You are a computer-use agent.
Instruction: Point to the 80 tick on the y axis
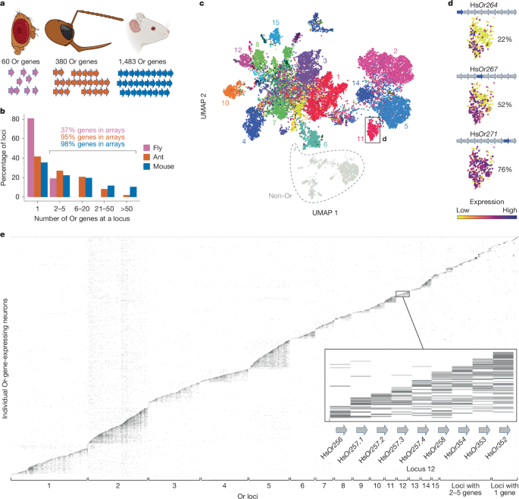point(18,120)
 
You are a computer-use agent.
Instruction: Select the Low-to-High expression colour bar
point(477,215)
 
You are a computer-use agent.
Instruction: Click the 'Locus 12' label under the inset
point(417,470)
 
